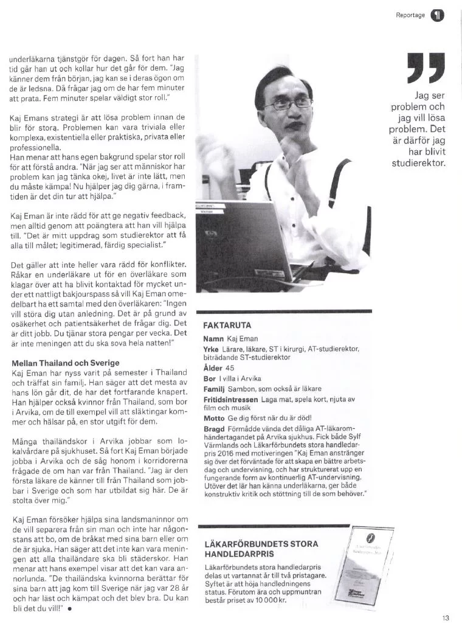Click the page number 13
click(446, 618)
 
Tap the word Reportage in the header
click(410, 15)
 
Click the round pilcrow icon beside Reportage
click(437, 15)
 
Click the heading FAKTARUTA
click(227, 325)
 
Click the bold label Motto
click(215, 419)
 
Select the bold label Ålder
click(213, 368)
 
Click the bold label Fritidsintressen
click(231, 399)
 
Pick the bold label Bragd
click(215, 429)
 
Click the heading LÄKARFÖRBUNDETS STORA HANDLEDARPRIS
click(261, 549)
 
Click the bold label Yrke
click(212, 349)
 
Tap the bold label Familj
click(214, 389)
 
